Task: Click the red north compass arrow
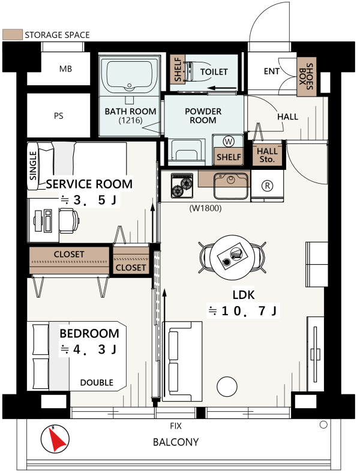pos(57,440)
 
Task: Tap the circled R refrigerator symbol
pos(267,185)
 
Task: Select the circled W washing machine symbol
pos(228,141)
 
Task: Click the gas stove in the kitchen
pos(182,185)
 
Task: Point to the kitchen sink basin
pos(230,185)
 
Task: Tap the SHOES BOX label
pos(306,76)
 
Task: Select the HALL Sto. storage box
pos(267,154)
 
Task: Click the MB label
pos(65,69)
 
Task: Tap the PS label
pos(59,116)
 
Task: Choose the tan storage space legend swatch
pos(13,35)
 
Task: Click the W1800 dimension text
pos(205,208)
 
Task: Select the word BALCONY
pos(176,442)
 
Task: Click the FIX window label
pos(176,426)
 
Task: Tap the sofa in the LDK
pos(182,361)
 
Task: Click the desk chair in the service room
pos(69,220)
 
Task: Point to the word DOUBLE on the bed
pos(97,382)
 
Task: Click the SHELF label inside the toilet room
pos(178,70)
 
